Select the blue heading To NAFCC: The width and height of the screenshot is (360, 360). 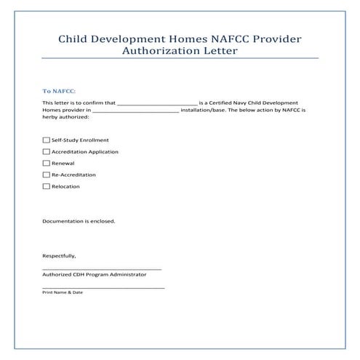coord(59,92)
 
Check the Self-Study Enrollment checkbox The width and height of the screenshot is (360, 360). coord(47,140)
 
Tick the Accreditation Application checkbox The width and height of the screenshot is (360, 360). coord(47,151)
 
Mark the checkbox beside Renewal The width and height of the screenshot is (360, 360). coord(47,163)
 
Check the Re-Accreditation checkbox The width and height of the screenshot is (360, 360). coord(47,175)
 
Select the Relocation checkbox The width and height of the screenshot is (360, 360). coord(47,186)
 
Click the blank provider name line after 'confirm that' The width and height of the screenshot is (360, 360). coord(157,105)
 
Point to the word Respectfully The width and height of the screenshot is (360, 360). coord(59,256)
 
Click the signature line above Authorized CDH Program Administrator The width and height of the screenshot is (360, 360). coord(102,269)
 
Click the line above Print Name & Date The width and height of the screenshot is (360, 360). coord(103,287)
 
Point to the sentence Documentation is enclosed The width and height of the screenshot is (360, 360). coord(79,220)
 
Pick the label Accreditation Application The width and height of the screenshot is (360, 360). coord(85,152)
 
